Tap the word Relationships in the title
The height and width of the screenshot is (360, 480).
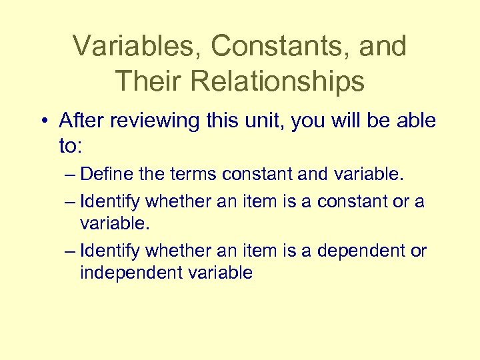coord(277,81)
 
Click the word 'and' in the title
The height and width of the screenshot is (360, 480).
coord(381,46)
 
